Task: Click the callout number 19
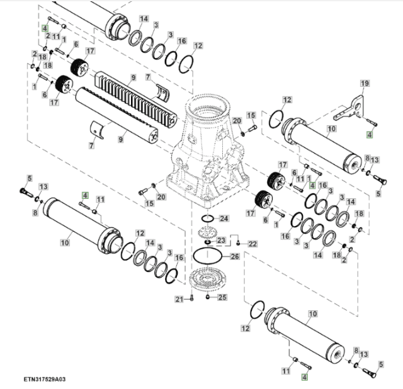click(363, 84)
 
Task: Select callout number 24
click(225, 218)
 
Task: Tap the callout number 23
click(221, 240)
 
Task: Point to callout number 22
click(253, 244)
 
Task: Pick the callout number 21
click(178, 298)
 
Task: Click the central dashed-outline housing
click(205, 151)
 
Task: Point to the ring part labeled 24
click(207, 219)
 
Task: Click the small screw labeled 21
click(190, 298)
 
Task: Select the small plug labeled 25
click(208, 296)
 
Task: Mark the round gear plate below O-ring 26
click(207, 279)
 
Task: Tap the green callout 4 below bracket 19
click(370, 134)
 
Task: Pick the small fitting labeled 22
click(238, 242)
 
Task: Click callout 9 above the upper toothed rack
click(133, 77)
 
